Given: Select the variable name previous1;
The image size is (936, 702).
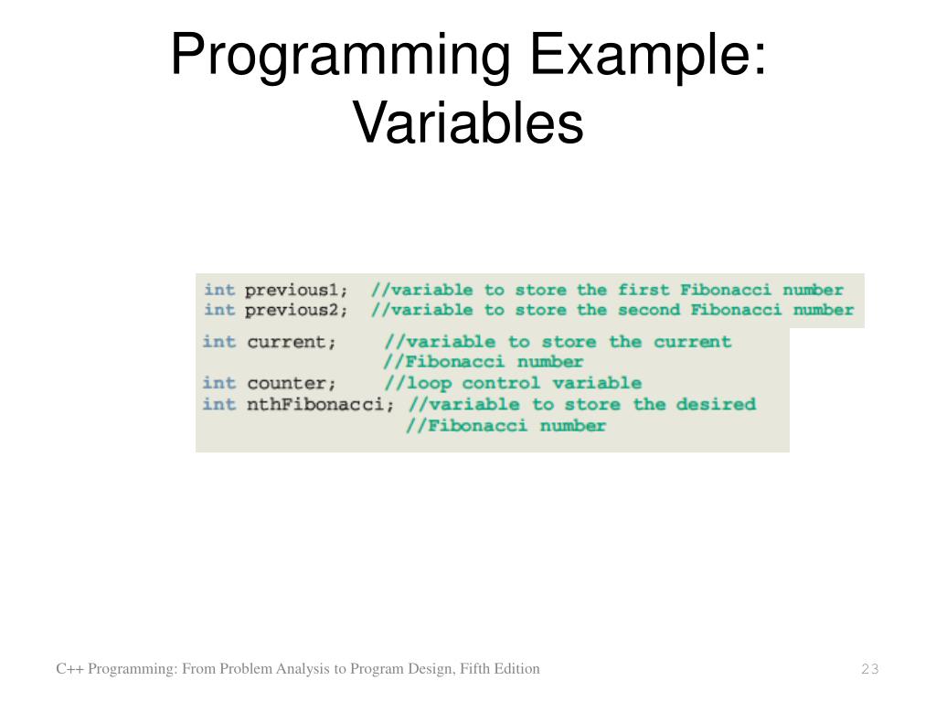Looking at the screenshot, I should coord(296,290).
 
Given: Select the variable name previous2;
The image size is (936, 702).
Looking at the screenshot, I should coord(296,310).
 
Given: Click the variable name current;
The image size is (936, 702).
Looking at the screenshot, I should coord(292,342).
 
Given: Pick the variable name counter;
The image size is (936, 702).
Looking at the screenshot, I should coord(292,383).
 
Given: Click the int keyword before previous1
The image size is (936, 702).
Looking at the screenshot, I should coord(219,290).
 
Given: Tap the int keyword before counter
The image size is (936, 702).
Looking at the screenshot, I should coord(218,383).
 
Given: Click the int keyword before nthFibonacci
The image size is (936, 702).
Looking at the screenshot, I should coord(218,404).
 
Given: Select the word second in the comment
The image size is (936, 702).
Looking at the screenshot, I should coord(649,310).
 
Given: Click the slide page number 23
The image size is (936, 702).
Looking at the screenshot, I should coord(869,670).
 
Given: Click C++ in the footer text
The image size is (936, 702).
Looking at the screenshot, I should coord(69,669).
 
